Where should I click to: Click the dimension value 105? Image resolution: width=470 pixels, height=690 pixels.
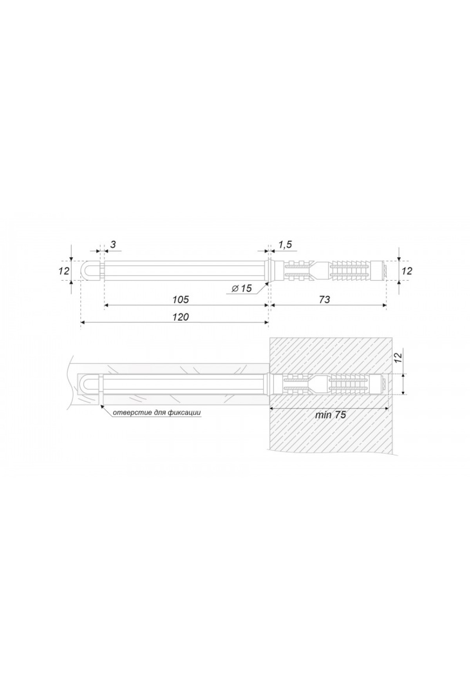tap(181, 300)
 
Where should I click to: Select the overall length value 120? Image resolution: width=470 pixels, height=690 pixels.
tap(181, 317)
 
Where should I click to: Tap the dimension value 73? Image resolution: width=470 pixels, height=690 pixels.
tap(325, 300)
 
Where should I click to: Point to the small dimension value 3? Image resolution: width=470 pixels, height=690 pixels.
tap(113, 245)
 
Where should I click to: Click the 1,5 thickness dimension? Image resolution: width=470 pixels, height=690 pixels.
tap(285, 245)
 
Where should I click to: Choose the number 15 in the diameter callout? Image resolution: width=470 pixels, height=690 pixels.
tap(246, 289)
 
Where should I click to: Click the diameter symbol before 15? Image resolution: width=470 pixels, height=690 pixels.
tap(235, 289)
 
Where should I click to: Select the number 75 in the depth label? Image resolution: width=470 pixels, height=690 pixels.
tap(340, 415)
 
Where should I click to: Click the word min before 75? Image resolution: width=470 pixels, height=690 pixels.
tap(323, 415)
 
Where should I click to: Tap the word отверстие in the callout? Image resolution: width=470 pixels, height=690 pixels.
tap(127, 412)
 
